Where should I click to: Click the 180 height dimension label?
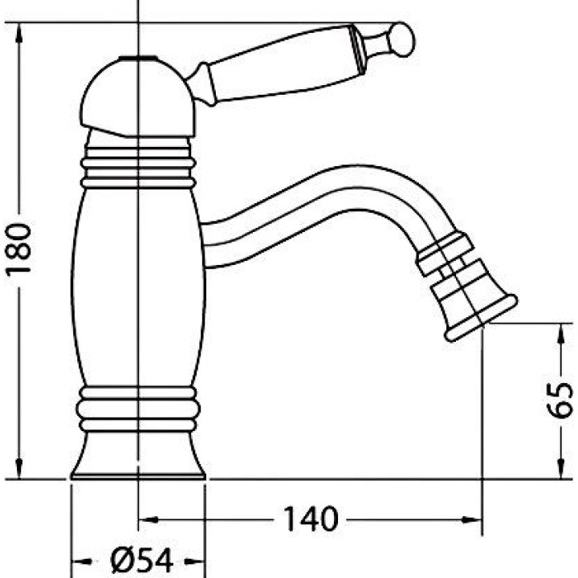pos(18,248)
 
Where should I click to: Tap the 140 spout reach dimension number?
pos(311,519)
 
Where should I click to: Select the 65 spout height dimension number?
pos(560,401)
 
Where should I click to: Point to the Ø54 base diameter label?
pos(142,561)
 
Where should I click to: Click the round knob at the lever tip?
pos(402,39)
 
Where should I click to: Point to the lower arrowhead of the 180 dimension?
pos(18,467)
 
